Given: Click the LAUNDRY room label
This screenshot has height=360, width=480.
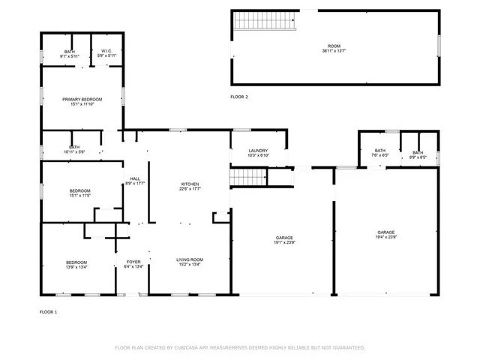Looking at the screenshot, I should click(258, 151).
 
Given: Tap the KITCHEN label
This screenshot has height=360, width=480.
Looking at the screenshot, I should click(190, 184).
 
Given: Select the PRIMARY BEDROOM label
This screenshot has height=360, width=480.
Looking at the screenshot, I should click(82, 99).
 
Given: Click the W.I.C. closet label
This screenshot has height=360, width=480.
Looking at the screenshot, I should click(106, 51).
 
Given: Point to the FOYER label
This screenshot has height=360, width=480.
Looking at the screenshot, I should click(133, 262).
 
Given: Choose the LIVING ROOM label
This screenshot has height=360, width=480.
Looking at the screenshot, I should click(190, 259).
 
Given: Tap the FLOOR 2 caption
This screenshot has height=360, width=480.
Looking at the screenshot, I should click(238, 97).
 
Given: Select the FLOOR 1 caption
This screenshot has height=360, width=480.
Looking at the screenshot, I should click(48, 311).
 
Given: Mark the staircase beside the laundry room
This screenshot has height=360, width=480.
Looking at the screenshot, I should click(248, 177).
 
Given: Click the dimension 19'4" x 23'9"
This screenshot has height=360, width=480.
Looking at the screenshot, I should click(386, 237).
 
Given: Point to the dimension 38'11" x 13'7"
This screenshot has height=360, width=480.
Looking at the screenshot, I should click(334, 51).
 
